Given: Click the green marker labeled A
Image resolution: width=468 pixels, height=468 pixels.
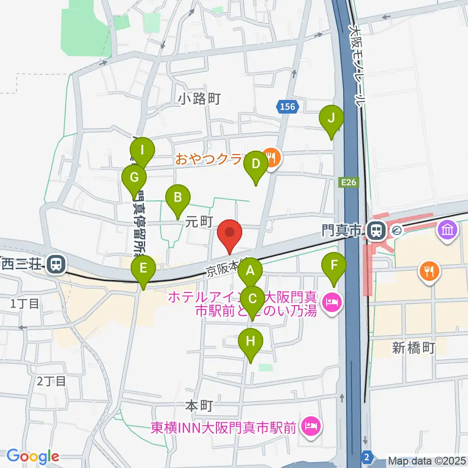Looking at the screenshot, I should (250, 272).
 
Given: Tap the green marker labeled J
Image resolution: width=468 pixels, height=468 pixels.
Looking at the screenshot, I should (331, 118).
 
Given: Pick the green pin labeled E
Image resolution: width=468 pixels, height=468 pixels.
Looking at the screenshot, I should (143, 269).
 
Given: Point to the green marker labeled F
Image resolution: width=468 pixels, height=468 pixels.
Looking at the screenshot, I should (334, 266).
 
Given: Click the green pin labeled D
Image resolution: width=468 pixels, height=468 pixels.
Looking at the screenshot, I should (256, 165).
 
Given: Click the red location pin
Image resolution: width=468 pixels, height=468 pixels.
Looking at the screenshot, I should (230, 234).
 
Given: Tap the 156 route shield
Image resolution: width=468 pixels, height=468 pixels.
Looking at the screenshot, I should (288, 107).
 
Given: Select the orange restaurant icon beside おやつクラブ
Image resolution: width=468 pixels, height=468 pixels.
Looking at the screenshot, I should (271, 157).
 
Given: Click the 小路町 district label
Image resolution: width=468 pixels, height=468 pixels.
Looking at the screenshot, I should (199, 99).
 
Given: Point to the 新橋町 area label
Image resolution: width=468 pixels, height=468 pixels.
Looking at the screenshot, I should (413, 348).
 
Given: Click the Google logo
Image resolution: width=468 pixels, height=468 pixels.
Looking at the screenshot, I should (33, 457).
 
